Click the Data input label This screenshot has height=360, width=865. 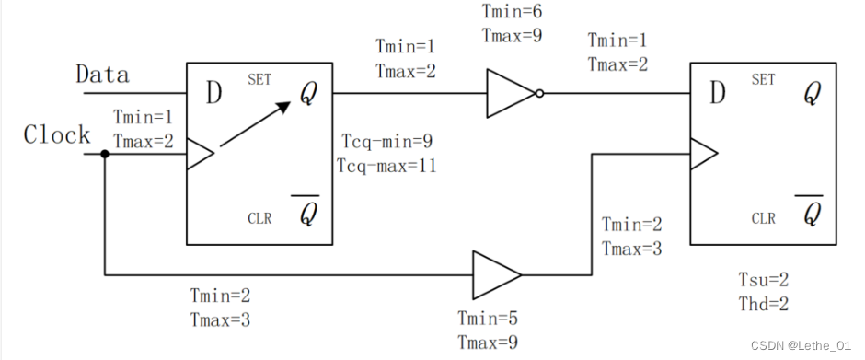tap(102, 74)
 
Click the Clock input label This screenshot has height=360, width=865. tap(57, 135)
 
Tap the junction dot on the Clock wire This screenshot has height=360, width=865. tap(104, 154)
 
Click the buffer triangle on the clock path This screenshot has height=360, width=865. tap(496, 274)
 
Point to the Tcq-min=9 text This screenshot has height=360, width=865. tap(386, 145)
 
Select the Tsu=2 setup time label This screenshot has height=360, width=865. tap(764, 280)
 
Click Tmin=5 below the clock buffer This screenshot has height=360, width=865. tap(488, 319)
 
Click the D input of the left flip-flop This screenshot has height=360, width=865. tap(213, 92)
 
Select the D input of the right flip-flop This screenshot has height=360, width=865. tap(717, 92)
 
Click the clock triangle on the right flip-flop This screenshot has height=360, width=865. tap(703, 155)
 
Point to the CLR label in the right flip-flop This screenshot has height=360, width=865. tap(764, 219)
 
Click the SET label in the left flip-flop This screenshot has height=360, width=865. tap(260, 81)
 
